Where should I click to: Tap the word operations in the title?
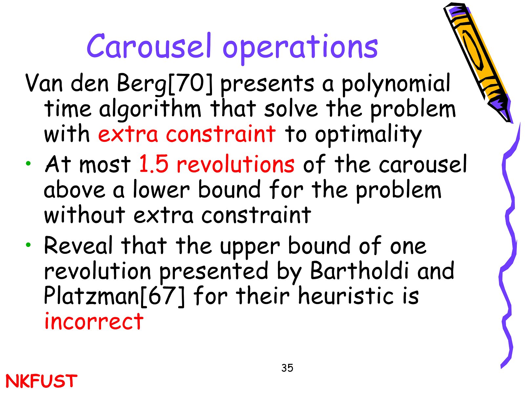pyautogui.click(x=300, y=49)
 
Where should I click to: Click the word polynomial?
pyautogui.click(x=396, y=84)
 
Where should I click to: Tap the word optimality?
pyautogui.click(x=368, y=135)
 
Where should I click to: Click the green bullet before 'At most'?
pyautogui.click(x=28, y=164)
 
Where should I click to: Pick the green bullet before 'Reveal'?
pyautogui.click(x=28, y=245)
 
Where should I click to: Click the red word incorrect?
pyautogui.click(x=94, y=321)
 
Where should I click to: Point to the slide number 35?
pyautogui.click(x=287, y=368)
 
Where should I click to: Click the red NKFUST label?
pyautogui.click(x=41, y=381)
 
